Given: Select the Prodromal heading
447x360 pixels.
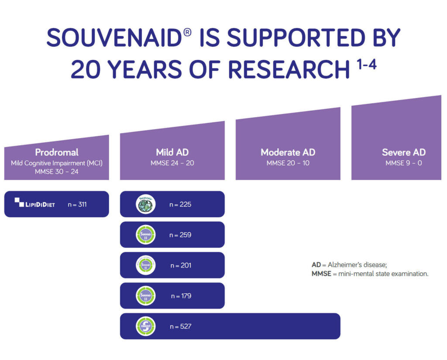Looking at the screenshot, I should (x=57, y=152).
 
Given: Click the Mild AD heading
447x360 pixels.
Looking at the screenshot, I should (x=172, y=152).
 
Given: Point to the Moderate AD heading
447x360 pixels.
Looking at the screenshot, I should (x=288, y=152).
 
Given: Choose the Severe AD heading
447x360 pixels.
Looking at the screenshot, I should (x=403, y=152).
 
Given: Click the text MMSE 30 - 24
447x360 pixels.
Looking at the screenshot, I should (x=57, y=172).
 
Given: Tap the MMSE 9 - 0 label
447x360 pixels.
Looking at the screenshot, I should (x=403, y=163).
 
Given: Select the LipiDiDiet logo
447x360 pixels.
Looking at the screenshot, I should (x=35, y=203).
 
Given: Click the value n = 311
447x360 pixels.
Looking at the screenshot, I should (x=77, y=204).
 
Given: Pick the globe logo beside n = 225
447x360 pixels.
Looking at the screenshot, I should (x=145, y=204).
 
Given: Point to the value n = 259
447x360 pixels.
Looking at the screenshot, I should (x=180, y=235).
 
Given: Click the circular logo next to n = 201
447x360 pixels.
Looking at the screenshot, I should (x=145, y=265).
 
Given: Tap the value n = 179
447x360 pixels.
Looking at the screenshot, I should (x=181, y=296).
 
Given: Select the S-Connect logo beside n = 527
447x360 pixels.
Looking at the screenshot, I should (x=145, y=326).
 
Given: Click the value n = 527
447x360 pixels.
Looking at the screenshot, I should (x=180, y=326).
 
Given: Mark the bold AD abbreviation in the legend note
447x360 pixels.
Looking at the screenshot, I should (x=316, y=265).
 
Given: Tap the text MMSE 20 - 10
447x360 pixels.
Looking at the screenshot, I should (x=288, y=163).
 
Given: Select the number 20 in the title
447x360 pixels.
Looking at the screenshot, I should (x=86, y=69).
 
